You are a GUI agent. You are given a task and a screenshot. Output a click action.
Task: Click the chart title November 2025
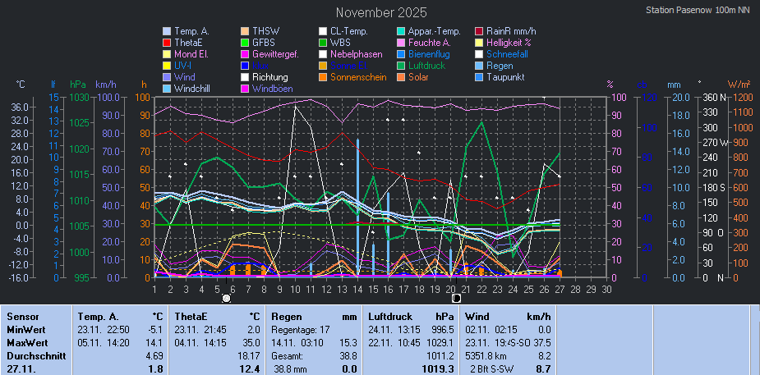(x=381, y=12)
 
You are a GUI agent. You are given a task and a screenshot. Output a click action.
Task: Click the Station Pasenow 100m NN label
(x=698, y=11)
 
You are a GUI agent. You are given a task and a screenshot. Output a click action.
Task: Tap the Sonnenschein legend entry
(x=358, y=77)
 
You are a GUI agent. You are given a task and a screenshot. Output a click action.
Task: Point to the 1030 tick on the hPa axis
(x=79, y=97)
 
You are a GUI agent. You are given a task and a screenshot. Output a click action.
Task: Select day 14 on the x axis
(x=357, y=289)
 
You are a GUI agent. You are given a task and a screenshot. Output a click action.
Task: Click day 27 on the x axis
(x=560, y=289)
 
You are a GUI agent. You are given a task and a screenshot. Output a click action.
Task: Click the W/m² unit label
(x=739, y=84)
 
